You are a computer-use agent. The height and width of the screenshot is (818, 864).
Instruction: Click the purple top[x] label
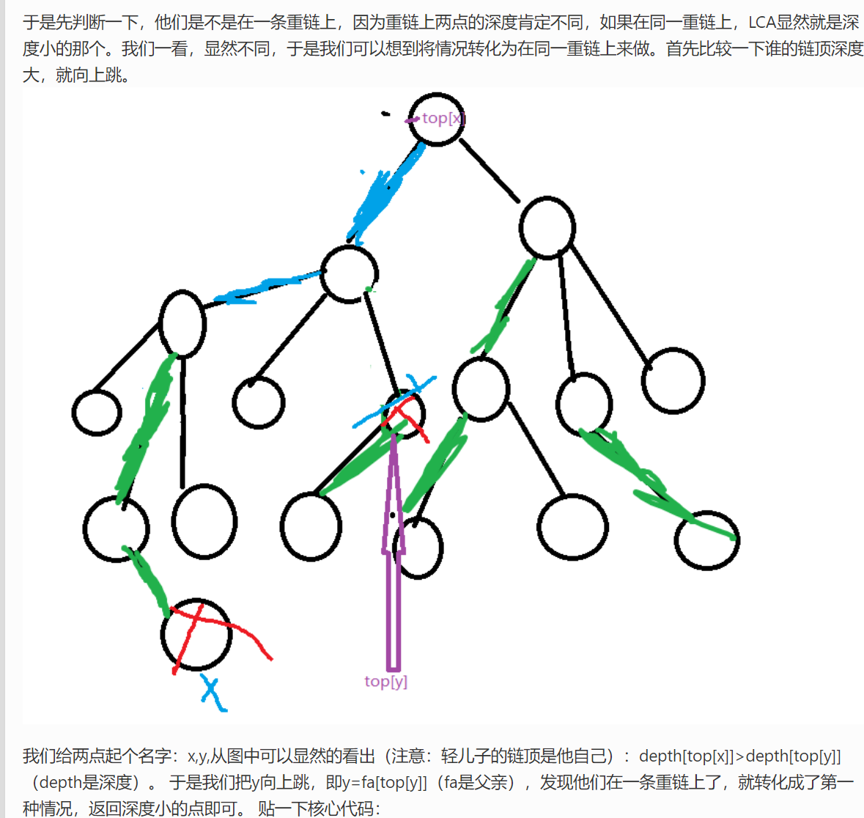pos(443,118)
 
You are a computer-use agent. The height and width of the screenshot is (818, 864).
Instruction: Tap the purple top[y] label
pos(385,681)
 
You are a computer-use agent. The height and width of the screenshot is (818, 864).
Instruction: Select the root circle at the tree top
pos(437,119)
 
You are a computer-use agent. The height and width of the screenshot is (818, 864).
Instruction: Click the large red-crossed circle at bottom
pos(196,634)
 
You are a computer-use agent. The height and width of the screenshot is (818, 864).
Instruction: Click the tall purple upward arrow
pos(394,557)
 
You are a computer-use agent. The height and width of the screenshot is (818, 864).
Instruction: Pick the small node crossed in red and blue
pos(405,414)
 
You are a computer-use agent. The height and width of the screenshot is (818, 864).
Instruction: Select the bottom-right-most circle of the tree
pos(706,541)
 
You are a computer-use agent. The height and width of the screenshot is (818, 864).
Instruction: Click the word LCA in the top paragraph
pos(761,23)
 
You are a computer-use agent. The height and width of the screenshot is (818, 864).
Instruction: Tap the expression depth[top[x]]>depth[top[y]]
pos(739,756)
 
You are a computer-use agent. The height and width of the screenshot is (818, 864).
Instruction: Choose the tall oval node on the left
pos(182,323)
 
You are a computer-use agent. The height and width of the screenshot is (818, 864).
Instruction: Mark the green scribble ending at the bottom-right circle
pos(652,484)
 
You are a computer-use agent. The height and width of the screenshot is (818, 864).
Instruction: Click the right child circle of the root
pos(547,228)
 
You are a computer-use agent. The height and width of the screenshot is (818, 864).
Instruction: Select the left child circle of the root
pos(350,274)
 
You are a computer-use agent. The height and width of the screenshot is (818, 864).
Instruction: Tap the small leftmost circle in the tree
pos(97,413)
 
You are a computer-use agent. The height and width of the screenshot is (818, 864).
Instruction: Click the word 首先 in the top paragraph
pos(682,49)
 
